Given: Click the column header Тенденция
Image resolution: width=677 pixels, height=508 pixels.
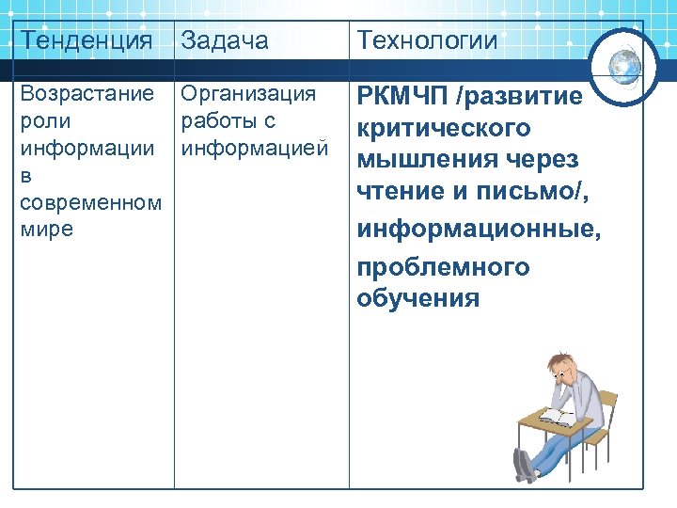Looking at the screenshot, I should point(86,40).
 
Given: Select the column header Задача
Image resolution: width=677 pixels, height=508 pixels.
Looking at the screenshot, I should point(224,40).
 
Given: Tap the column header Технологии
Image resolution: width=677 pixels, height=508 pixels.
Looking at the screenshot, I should point(426,40).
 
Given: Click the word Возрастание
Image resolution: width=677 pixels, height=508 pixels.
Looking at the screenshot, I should point(87,94).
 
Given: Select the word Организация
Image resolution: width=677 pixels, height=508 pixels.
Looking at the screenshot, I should point(248,94).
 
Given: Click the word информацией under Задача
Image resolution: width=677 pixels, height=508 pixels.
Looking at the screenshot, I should point(254,148).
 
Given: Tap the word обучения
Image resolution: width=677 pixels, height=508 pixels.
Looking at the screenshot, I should point(418,299).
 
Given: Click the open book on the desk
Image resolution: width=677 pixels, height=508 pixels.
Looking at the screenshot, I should point(556,414).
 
